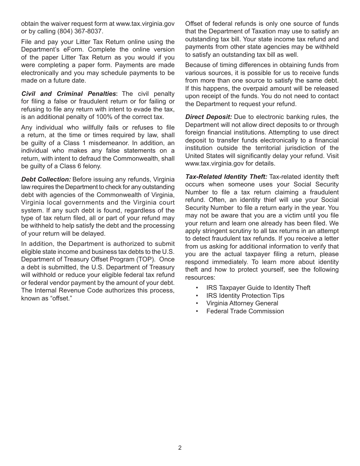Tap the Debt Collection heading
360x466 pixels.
point(46,179)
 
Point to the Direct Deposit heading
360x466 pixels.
point(208,117)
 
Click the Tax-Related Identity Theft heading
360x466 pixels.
point(226,177)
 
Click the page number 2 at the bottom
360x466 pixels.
point(180,447)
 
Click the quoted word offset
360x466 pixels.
point(61,298)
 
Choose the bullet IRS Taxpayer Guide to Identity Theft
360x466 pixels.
point(258,288)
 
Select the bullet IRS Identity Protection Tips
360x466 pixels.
point(245,296)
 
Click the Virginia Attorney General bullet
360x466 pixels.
point(242,303)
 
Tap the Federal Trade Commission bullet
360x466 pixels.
point(245,311)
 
